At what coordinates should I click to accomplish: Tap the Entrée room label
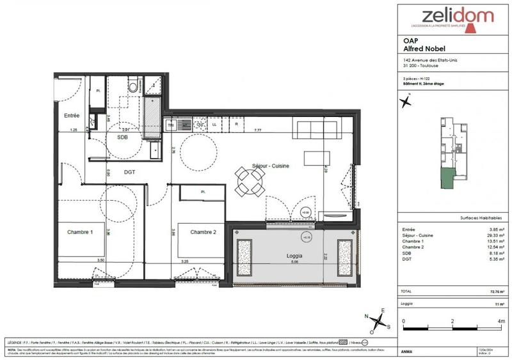pyautogui.click(x=71, y=116)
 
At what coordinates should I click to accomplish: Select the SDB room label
pyautogui.click(x=122, y=137)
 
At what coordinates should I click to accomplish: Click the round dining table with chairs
pyautogui.click(x=249, y=182)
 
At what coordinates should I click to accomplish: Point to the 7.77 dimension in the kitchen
pyautogui.click(x=257, y=130)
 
